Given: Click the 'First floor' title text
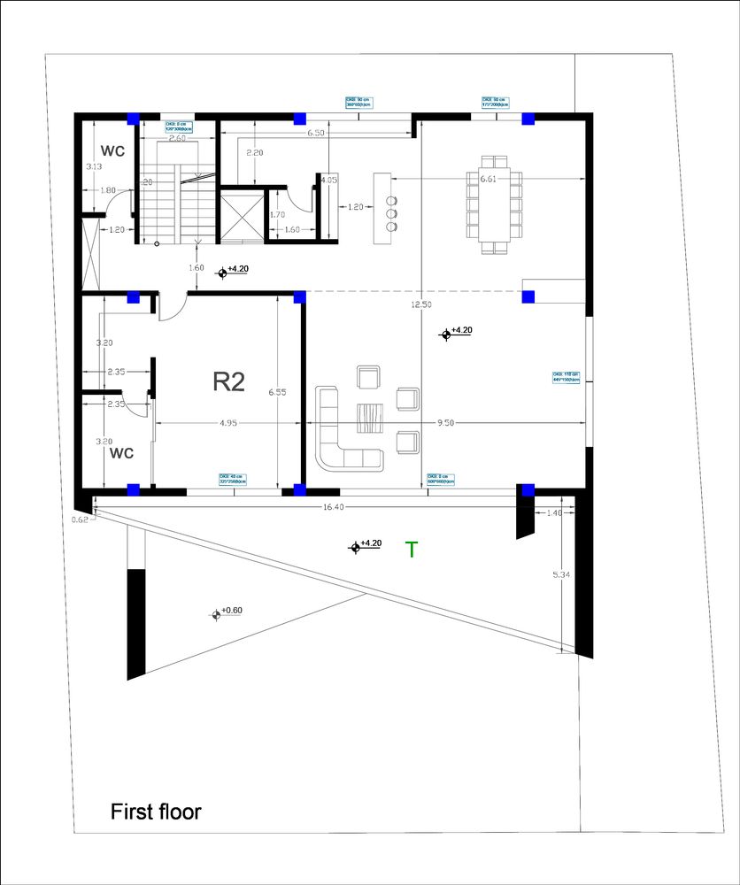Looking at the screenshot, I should pos(156,811).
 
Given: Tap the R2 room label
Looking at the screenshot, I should pos(228,381).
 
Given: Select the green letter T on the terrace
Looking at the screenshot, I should pos(411,550).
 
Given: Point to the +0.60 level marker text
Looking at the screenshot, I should pos(231,611).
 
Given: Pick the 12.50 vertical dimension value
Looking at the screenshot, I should pos(421,304).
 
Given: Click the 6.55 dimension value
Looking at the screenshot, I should pos(277,392).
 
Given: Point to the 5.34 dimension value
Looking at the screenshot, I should pos(560,575).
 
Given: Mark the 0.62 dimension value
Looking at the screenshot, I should pos(80,519).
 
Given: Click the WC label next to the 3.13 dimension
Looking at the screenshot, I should pos(111,150).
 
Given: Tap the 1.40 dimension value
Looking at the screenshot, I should pos(554,512).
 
